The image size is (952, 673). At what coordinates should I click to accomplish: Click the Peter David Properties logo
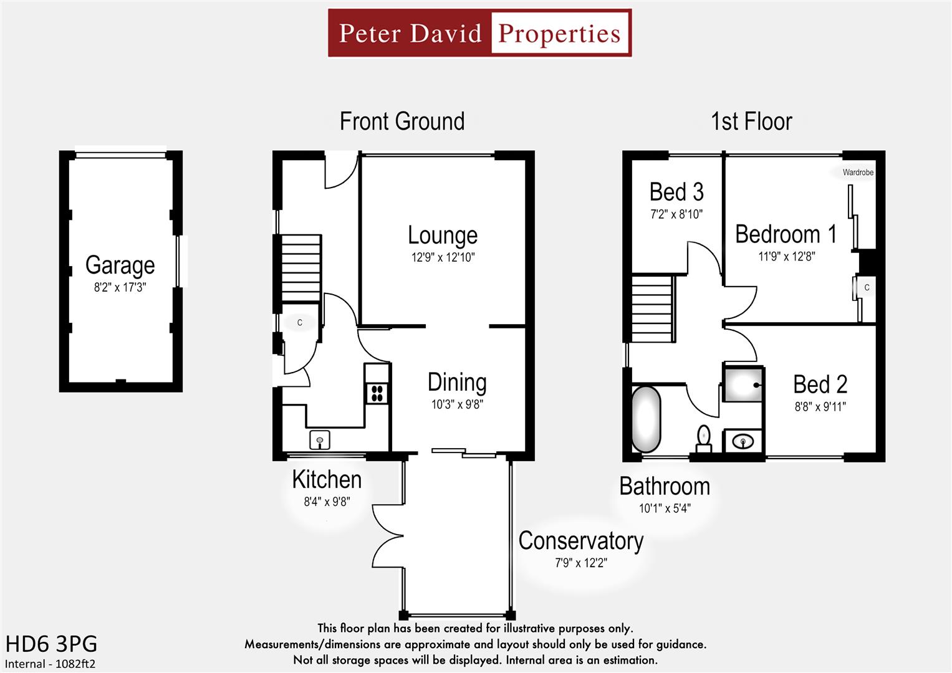pos(479,33)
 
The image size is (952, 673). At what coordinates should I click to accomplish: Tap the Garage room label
pos(120,265)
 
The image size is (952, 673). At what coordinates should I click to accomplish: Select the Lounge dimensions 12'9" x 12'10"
pos(443,257)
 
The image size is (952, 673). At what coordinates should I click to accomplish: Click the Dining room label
pos(457,383)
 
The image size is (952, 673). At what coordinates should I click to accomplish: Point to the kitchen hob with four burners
pos(377,393)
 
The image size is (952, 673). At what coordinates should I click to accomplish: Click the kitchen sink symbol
pos(320,440)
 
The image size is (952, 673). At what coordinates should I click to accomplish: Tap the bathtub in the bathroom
pos(646,419)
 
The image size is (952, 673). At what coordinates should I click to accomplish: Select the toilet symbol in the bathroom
pos(704,437)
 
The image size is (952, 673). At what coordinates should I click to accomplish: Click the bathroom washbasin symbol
pos(743,442)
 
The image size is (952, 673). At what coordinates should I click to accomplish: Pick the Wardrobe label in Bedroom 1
pos(858,173)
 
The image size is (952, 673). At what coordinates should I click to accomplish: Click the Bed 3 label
pos(676,192)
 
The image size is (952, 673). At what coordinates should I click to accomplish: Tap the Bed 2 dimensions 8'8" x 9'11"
pos(820,407)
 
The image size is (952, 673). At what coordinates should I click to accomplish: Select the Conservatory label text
pos(580,541)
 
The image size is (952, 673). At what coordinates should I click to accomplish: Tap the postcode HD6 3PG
pos(51,644)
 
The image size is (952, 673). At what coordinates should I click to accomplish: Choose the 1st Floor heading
pos(751,122)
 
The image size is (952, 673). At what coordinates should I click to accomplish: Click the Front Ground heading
pos(402,122)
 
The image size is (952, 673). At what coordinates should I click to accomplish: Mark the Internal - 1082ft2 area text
pos(50,664)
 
